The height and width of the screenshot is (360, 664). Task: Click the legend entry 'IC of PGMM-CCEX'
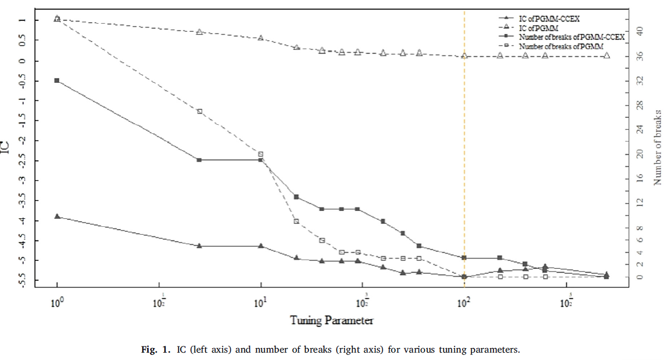[x=545, y=18]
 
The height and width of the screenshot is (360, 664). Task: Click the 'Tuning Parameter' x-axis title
[x=332, y=320]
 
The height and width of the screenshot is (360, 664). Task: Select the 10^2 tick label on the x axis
[x=464, y=301]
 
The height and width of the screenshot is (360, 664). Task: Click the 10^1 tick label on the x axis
[x=261, y=301]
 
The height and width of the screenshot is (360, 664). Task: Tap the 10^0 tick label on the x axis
[x=57, y=301]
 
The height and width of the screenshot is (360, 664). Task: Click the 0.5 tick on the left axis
[x=22, y=40]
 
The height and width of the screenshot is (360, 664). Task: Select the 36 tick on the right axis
[x=640, y=56]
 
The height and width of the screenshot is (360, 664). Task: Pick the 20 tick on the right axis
[x=640, y=154]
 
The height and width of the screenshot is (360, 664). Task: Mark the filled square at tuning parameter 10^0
[x=57, y=81]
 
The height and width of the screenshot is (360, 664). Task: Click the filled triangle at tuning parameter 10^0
[x=57, y=217]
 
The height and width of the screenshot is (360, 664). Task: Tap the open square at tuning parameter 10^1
[x=261, y=154]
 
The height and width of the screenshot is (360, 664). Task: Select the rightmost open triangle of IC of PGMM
[x=607, y=56]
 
